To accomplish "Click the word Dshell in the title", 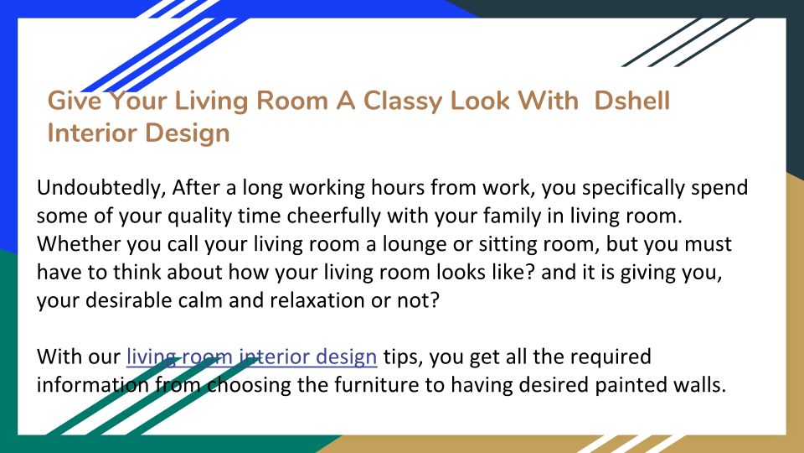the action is coord(631,100).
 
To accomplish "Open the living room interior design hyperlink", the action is coord(252,357).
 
